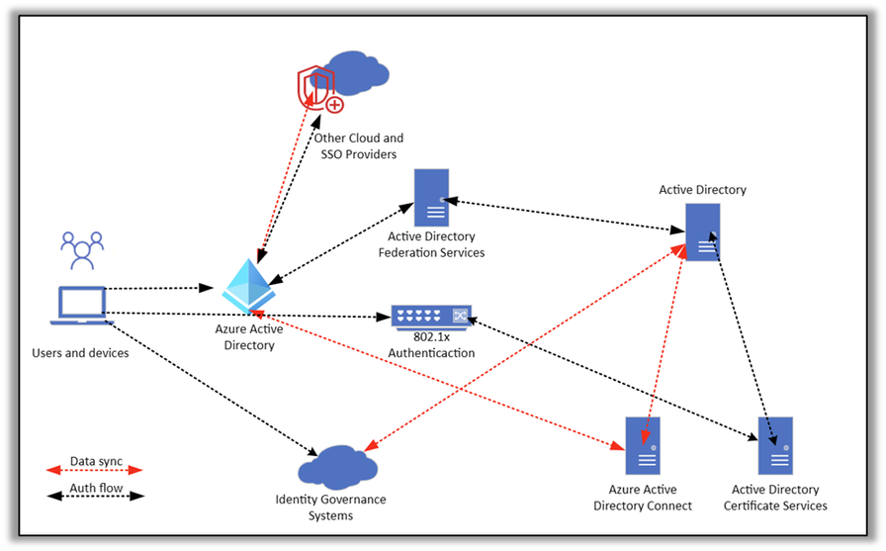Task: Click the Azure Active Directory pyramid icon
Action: point(247,287)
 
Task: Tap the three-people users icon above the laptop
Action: point(82,250)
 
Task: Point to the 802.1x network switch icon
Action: point(431,317)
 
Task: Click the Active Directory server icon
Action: point(702,231)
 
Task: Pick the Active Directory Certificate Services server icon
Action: point(775,445)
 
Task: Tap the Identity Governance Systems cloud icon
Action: point(337,466)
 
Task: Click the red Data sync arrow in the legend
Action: point(95,471)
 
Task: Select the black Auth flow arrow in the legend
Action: point(95,496)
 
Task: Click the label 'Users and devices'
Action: point(80,353)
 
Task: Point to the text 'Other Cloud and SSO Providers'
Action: point(358,146)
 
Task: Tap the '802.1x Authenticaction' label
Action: point(431,345)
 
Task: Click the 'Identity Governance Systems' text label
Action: point(330,507)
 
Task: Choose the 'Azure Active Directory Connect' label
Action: point(643,498)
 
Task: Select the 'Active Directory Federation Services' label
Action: point(431,244)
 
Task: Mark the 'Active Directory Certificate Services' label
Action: point(775,498)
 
